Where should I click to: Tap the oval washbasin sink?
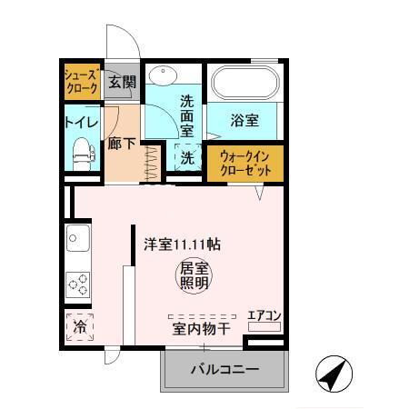pyautogui.click(x=163, y=75)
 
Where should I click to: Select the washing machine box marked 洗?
pyautogui.click(x=186, y=157)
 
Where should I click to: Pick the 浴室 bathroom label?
pyautogui.click(x=244, y=120)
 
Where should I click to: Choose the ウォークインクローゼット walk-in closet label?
pyautogui.click(x=245, y=164)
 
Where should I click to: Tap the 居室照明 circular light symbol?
pyautogui.click(x=192, y=274)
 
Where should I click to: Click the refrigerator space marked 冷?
pyautogui.click(x=80, y=325)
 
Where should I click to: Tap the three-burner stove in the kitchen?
pyautogui.click(x=78, y=284)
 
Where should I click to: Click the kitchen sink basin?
pyautogui.click(x=76, y=241)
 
